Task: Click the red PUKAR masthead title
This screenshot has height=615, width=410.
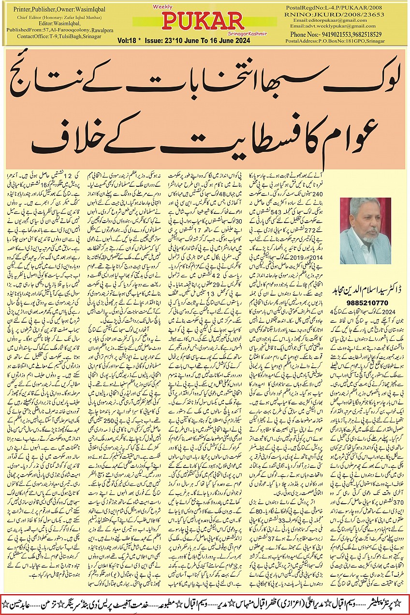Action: (x=203, y=21)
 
